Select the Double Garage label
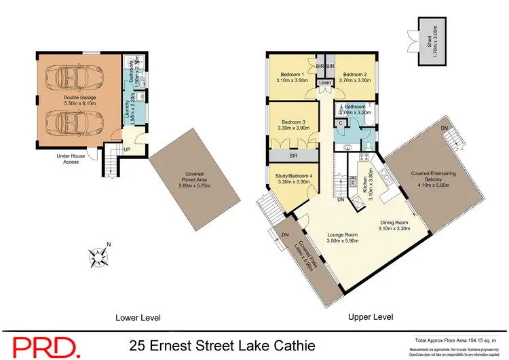80,101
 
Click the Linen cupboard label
324,83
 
